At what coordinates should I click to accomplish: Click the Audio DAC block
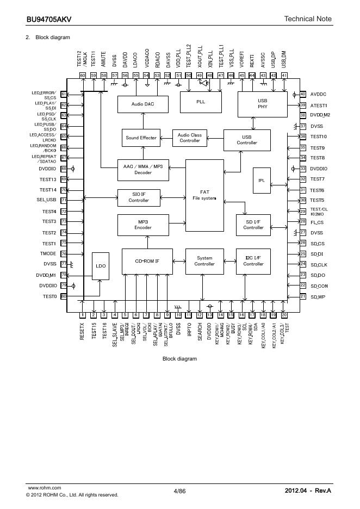[143, 103]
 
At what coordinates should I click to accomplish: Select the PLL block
[201, 102]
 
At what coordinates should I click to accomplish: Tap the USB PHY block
[262, 103]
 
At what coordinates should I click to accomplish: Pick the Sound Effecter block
[141, 138]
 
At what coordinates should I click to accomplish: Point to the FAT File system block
[204, 195]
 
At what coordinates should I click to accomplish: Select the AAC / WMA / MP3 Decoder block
[143, 169]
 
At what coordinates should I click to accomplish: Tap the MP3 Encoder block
[143, 225]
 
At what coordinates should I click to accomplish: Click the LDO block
[100, 266]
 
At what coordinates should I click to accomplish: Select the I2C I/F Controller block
[253, 262]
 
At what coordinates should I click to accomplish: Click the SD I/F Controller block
[253, 225]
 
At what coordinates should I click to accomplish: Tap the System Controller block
[205, 262]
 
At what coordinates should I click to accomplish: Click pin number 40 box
[303, 94]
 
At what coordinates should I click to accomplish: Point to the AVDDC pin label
[319, 94]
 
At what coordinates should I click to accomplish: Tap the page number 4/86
[179, 491]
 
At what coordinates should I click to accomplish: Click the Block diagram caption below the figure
[179, 359]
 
